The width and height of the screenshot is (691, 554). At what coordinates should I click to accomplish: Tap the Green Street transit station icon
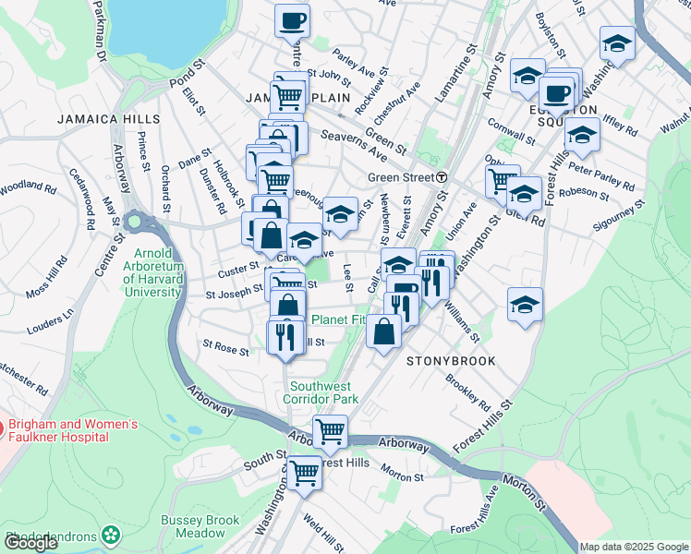click(x=443, y=177)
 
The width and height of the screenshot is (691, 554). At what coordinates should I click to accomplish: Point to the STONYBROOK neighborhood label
click(x=452, y=361)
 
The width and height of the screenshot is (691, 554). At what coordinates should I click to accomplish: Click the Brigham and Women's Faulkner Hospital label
click(x=72, y=431)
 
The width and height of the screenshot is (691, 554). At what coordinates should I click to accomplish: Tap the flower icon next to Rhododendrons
click(x=112, y=534)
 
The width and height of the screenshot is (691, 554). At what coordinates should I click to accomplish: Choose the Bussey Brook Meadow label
click(x=200, y=526)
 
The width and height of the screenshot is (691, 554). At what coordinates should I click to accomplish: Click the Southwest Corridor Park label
click(x=323, y=392)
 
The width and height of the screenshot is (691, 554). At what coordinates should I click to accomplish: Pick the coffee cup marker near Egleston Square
click(x=557, y=93)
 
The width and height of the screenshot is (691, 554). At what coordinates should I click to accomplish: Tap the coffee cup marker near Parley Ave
click(x=293, y=20)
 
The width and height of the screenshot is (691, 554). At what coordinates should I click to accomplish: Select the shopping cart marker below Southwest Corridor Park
click(x=330, y=430)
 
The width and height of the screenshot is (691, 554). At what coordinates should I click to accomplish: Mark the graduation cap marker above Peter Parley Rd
click(x=582, y=135)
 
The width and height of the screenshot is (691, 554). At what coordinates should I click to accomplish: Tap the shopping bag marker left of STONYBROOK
click(x=384, y=331)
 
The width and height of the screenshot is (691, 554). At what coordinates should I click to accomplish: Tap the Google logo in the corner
click(x=30, y=544)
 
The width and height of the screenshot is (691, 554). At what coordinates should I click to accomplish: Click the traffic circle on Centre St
click(x=137, y=222)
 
